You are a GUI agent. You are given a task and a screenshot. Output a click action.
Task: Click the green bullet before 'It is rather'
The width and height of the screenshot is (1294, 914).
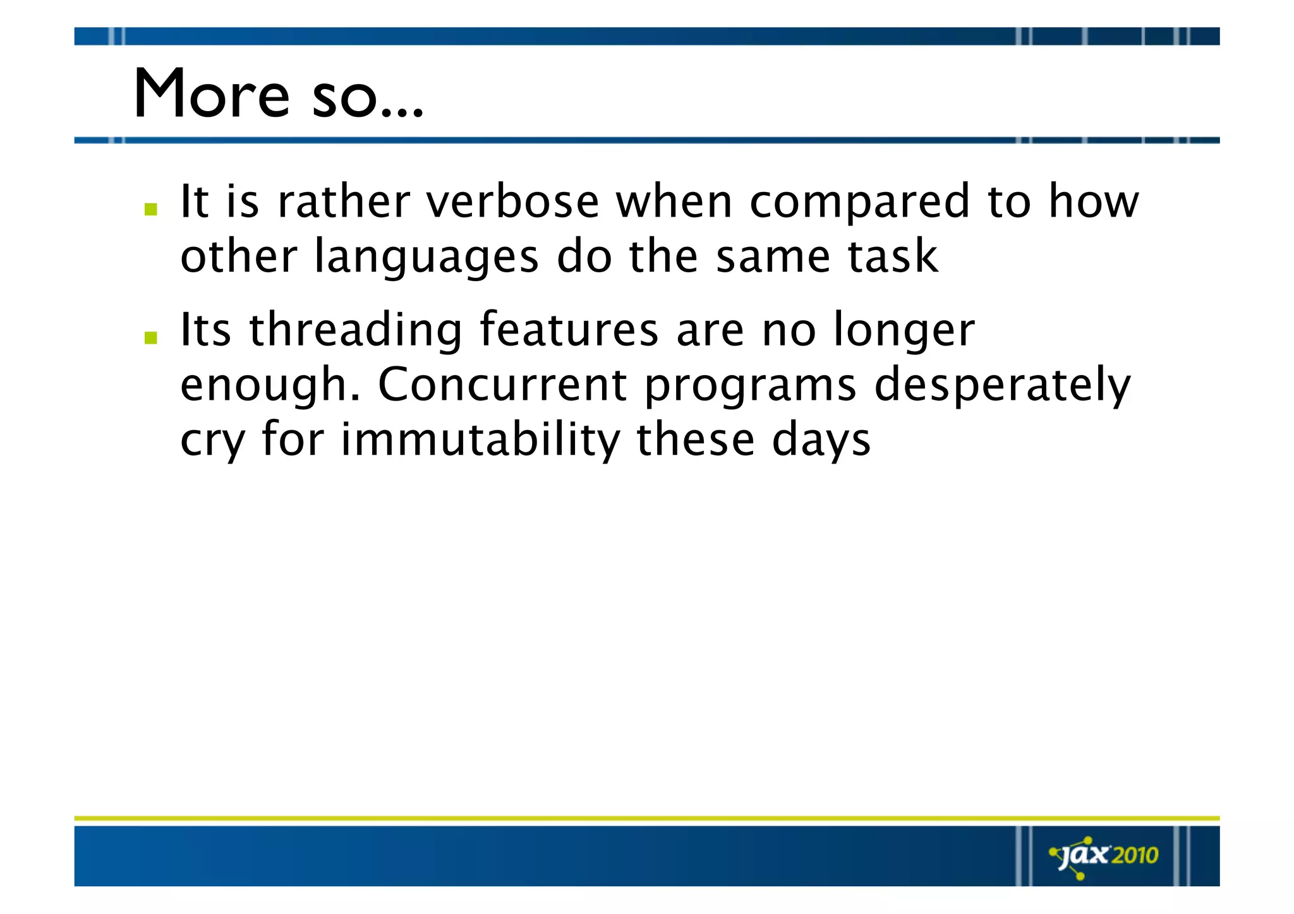[150, 209]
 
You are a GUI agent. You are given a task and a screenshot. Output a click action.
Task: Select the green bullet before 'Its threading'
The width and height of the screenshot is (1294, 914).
[150, 337]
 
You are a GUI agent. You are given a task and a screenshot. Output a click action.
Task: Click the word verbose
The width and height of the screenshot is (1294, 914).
[512, 201]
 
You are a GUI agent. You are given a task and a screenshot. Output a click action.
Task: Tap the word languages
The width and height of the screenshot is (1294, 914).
[426, 258]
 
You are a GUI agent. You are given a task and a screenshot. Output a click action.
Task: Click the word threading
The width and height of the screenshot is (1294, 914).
[356, 331]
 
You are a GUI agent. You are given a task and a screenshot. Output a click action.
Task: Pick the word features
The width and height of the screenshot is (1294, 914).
[569, 330]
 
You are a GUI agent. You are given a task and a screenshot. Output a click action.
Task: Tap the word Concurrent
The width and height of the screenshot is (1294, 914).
[502, 385]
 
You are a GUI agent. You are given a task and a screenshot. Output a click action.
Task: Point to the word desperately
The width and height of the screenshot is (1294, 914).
[1002, 386]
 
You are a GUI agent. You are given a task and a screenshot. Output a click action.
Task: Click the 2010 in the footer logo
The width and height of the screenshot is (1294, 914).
[1135, 855]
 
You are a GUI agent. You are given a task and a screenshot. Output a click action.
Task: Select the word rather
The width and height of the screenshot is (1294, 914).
[344, 201]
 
